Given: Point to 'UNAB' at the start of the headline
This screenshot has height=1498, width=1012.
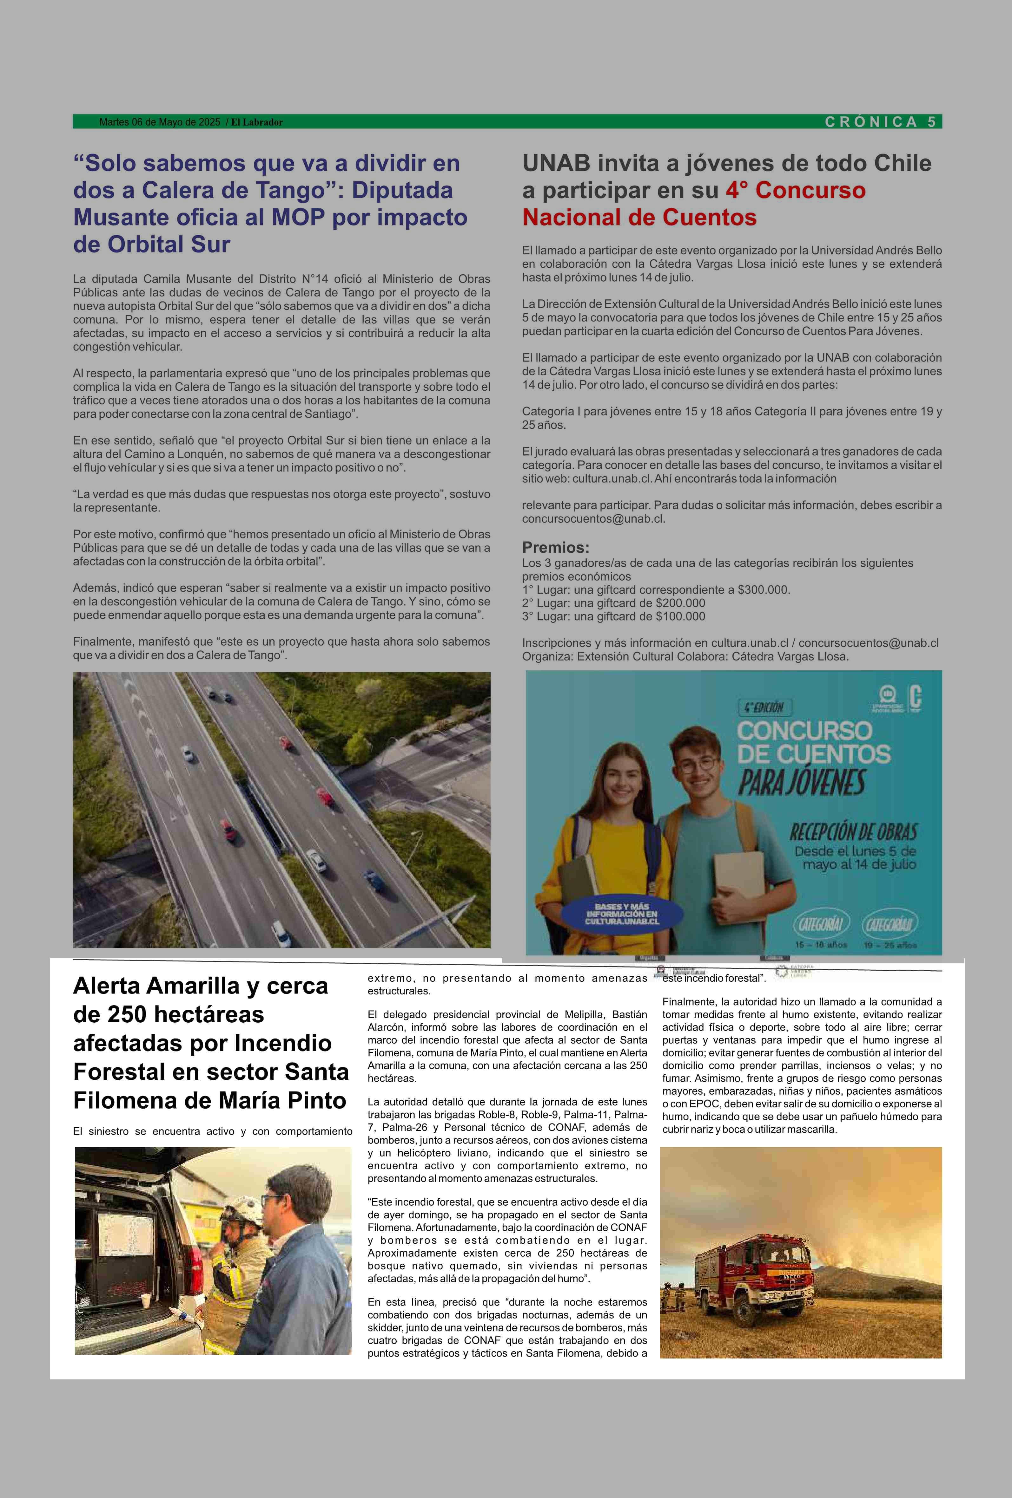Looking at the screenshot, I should [x=556, y=164].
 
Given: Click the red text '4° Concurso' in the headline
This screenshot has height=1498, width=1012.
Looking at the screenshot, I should [x=795, y=191].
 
